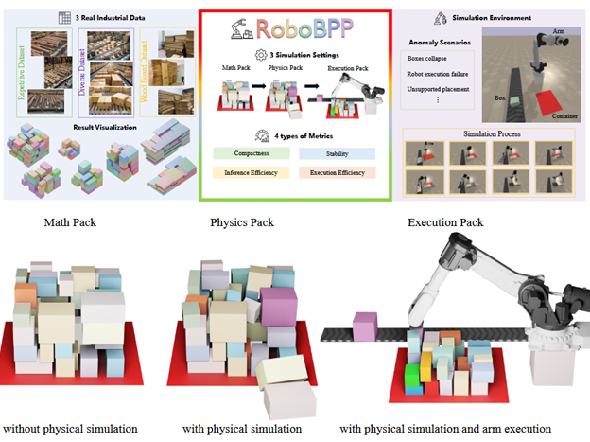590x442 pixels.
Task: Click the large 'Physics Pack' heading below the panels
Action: pyautogui.click(x=241, y=223)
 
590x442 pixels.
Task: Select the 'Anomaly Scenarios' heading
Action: pyautogui.click(x=442, y=43)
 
